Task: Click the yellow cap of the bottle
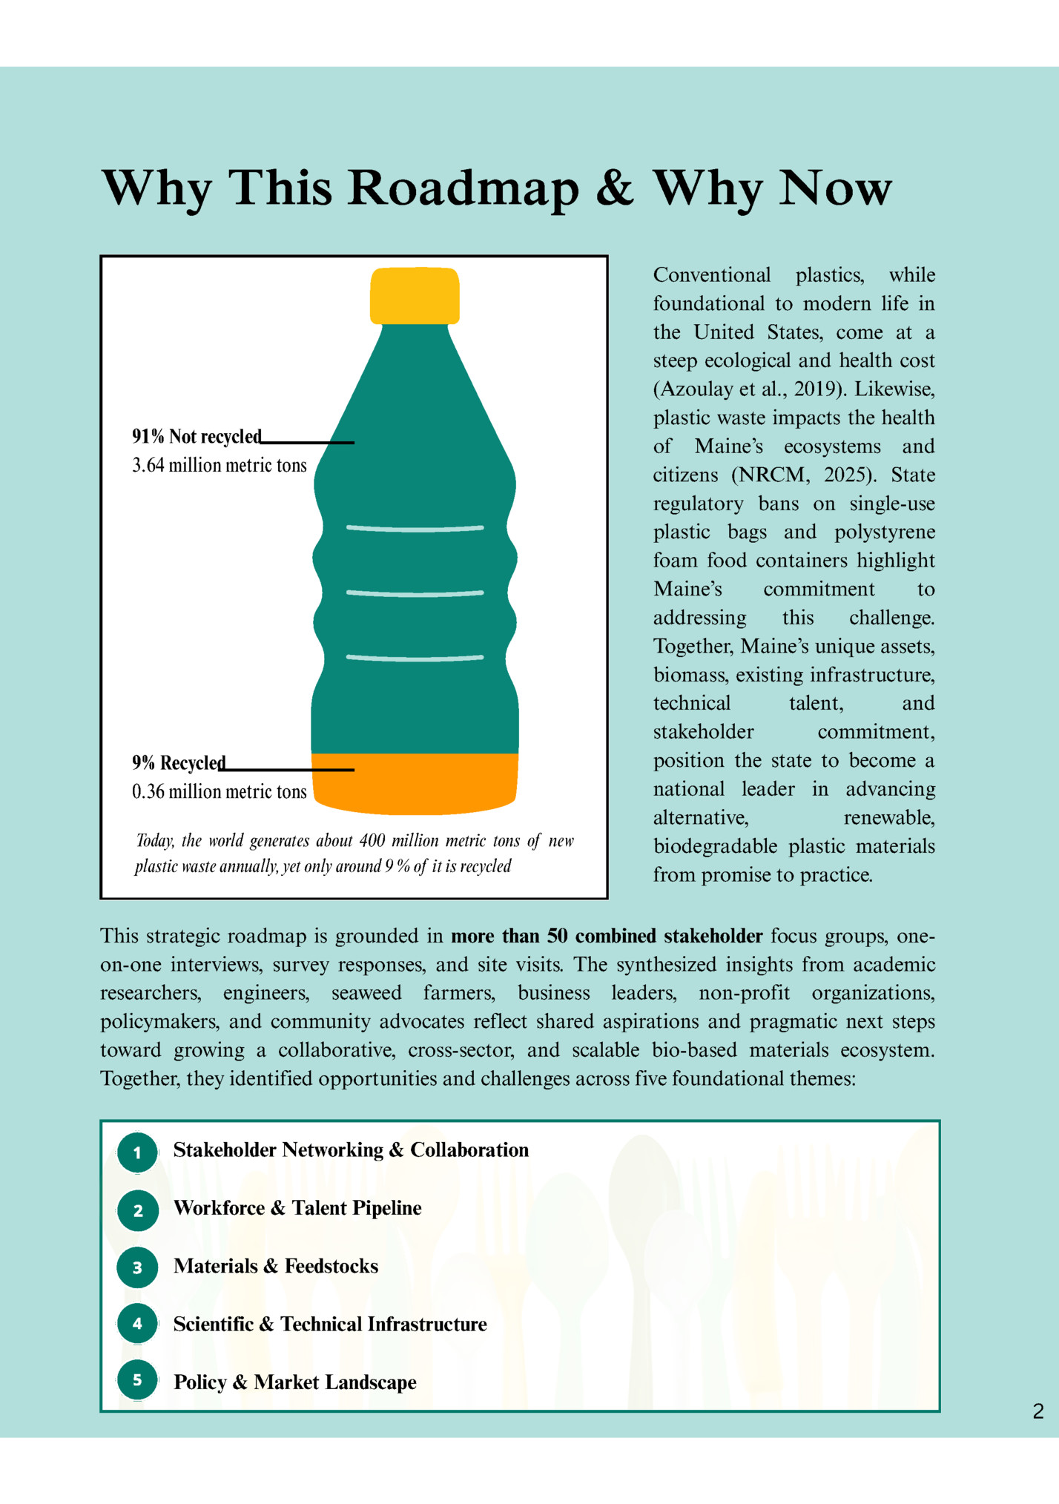415,295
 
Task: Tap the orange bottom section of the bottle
415,784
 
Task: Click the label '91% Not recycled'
197,437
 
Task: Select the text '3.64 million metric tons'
219,466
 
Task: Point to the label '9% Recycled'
179,763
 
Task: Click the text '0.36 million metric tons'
219,792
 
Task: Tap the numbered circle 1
137,1152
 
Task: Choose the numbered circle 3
137,1267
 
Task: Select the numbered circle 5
137,1380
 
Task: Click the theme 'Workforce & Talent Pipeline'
297,1208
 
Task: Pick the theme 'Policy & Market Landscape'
294,1382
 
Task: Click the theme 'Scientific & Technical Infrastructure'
330,1325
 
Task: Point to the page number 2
1037,1411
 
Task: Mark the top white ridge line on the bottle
415,529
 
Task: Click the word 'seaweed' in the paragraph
366,993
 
